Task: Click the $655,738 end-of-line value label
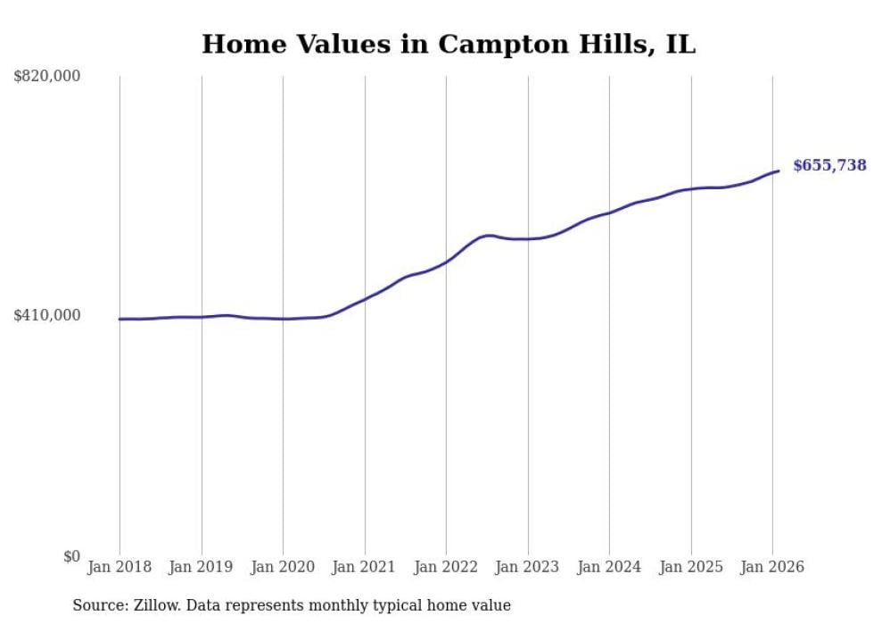tap(829, 165)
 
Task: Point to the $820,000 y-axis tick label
tap(46, 77)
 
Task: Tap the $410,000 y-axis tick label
tap(46, 315)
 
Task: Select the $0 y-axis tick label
tap(71, 556)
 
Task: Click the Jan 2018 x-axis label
tap(120, 567)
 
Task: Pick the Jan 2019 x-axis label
tap(201, 567)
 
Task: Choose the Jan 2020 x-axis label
tap(283, 567)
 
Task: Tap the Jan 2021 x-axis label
tap(364, 567)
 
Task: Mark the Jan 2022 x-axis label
tap(446, 567)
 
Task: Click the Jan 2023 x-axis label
tap(527, 567)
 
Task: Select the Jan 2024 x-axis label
tap(609, 567)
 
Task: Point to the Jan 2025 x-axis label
tap(690, 567)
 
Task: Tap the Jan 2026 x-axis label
tap(772, 567)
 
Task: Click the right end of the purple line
tap(779, 171)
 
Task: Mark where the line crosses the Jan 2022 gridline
tap(446, 261)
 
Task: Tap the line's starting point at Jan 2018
tap(120, 319)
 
